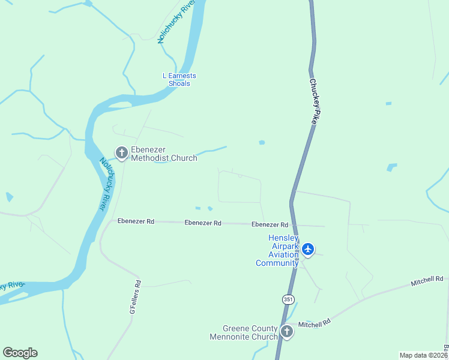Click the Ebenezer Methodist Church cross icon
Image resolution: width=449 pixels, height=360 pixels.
pyautogui.click(x=122, y=154)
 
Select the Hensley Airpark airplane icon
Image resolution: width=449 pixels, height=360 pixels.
pyautogui.click(x=308, y=249)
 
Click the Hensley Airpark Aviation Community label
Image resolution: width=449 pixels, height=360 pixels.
pyautogui.click(x=277, y=250)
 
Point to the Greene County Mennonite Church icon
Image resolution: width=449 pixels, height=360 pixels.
pyautogui.click(x=287, y=331)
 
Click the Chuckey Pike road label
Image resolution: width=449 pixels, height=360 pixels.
pyautogui.click(x=313, y=101)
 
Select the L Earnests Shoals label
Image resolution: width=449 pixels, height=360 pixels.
pyautogui.click(x=179, y=80)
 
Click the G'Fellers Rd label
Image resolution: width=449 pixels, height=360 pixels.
pyautogui.click(x=135, y=298)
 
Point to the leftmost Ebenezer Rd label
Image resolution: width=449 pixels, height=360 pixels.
pyautogui.click(x=136, y=221)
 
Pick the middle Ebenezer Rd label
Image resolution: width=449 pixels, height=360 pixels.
pyautogui.click(x=203, y=223)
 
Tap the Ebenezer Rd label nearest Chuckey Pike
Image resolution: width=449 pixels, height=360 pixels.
pyautogui.click(x=270, y=224)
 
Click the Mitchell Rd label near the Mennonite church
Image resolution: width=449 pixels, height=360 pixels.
pyautogui.click(x=315, y=323)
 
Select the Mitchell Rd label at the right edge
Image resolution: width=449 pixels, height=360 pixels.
pyautogui.click(x=427, y=280)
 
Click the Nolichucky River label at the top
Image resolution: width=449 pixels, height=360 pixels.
pyautogui.click(x=176, y=22)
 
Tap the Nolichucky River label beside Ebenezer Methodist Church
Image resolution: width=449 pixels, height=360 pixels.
pyautogui.click(x=106, y=184)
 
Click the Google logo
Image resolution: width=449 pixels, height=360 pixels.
pyautogui.click(x=20, y=353)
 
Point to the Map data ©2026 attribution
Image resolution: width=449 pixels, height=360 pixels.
pyautogui.click(x=424, y=355)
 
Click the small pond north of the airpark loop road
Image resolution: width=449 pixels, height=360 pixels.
pyautogui.click(x=262, y=142)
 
